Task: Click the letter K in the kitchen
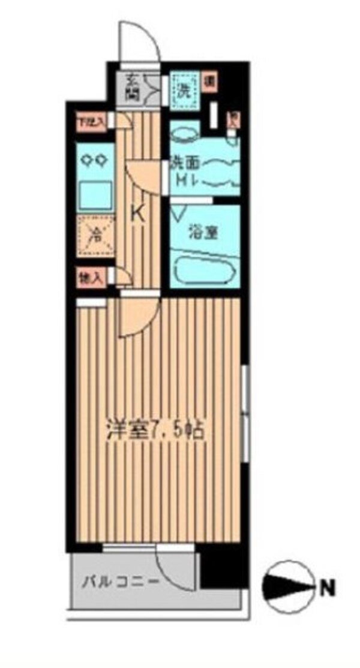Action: pos(138,213)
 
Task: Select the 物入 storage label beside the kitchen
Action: pos(91,276)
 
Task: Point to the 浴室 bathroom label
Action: pos(203,232)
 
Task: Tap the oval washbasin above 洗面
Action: pos(184,133)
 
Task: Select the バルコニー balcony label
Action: pos(120,581)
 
